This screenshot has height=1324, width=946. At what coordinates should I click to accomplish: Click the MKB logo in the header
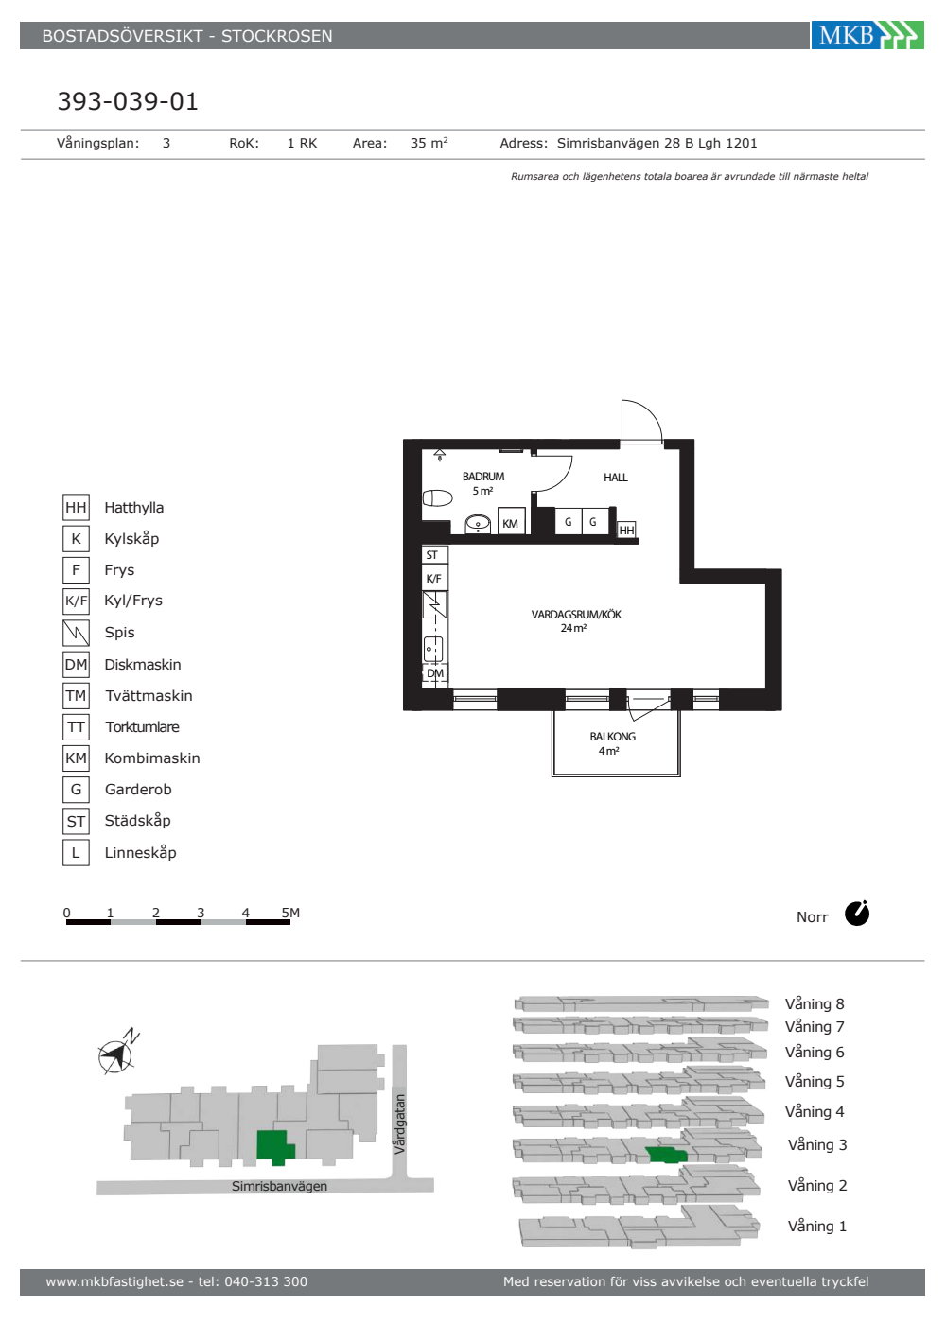click(867, 35)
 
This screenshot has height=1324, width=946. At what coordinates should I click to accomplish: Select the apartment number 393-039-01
click(128, 101)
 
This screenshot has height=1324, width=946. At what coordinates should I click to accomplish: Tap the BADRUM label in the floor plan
click(483, 477)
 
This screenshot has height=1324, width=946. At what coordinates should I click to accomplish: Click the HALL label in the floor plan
click(616, 478)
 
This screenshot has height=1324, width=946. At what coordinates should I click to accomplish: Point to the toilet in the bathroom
click(437, 498)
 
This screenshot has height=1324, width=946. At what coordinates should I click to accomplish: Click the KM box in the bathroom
click(511, 521)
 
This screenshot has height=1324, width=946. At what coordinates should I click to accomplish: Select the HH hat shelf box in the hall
click(626, 531)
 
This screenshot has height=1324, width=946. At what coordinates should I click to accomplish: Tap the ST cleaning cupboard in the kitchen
click(434, 555)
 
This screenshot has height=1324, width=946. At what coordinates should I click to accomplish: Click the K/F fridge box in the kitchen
click(434, 578)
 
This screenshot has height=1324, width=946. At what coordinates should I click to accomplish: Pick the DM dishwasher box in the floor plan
click(434, 673)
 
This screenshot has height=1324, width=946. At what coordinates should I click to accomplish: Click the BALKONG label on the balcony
click(613, 737)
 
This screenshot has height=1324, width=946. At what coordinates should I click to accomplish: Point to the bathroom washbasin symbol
click(478, 524)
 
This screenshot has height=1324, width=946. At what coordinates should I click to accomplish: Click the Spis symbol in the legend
click(77, 633)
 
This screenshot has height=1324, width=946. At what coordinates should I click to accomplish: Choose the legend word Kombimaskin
click(152, 758)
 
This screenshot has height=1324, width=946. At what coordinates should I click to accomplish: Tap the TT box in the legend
click(77, 727)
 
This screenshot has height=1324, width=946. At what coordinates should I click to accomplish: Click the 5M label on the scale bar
click(290, 913)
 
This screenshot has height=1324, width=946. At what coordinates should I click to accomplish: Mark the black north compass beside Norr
click(857, 914)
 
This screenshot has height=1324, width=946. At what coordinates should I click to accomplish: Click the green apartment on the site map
click(274, 1147)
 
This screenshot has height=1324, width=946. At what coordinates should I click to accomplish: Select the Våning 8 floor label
click(815, 1004)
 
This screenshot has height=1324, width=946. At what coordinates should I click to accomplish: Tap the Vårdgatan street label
click(400, 1124)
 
